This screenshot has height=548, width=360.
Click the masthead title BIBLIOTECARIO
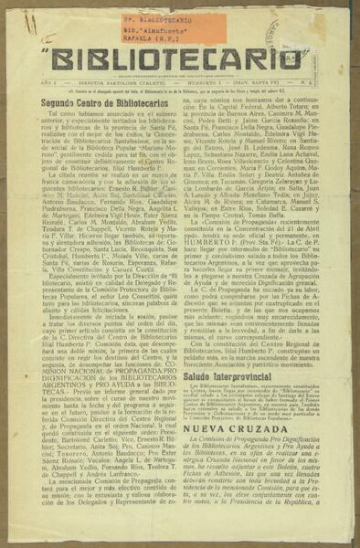[x=179, y=63]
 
